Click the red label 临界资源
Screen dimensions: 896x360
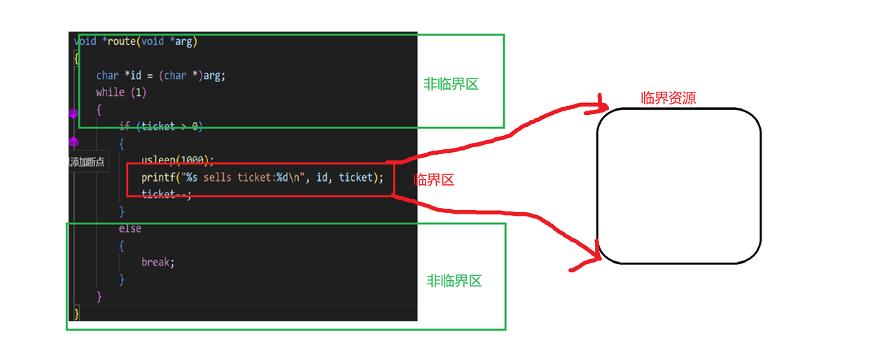pos(668,98)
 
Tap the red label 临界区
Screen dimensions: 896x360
pos(434,180)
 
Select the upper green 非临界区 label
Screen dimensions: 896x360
pos(451,85)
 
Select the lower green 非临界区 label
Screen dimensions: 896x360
pos(454,282)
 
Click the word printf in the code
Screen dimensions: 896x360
pos(158,178)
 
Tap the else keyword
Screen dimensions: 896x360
pos(129,228)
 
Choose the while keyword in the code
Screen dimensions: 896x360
pos(111,92)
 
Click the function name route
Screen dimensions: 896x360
pos(122,41)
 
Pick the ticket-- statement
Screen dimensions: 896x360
pos(167,194)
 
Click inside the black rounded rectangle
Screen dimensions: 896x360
pos(678,186)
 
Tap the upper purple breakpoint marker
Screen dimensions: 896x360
pos(73,113)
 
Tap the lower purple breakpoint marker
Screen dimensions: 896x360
pos(73,142)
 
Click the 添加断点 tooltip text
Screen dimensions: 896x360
pos(87,162)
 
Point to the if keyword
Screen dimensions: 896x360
pos(124,126)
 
